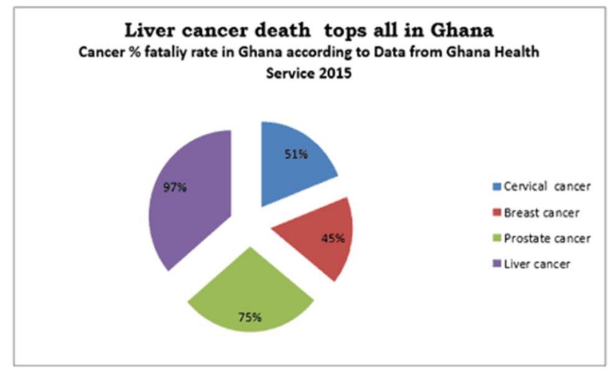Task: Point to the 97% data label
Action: (x=175, y=189)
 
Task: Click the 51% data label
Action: (x=296, y=154)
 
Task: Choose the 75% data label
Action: (x=250, y=317)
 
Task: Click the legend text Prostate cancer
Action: (x=547, y=239)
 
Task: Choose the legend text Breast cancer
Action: (x=541, y=213)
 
